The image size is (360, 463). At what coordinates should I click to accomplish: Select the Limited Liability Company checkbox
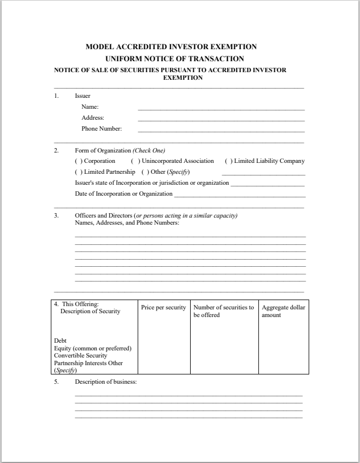pyautogui.click(x=229, y=161)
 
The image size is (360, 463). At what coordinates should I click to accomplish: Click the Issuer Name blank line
pyautogui.click(x=221, y=109)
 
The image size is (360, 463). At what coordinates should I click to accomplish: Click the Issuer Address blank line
pyautogui.click(x=221, y=120)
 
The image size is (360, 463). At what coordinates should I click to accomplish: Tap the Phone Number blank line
pyautogui.click(x=221, y=131)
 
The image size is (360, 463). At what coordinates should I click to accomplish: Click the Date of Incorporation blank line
pyautogui.click(x=239, y=196)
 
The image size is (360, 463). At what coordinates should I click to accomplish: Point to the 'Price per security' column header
pyautogui.click(x=163, y=308)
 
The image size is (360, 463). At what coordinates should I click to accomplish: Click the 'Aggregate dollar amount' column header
pyautogui.click(x=283, y=311)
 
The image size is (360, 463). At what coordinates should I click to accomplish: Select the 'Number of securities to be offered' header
pyautogui.click(x=223, y=311)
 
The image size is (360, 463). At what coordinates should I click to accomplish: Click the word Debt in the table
pyautogui.click(x=60, y=341)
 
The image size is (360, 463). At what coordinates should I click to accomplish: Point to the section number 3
pyautogui.click(x=56, y=215)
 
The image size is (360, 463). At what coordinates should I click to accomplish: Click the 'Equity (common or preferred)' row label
pyautogui.click(x=92, y=348)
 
